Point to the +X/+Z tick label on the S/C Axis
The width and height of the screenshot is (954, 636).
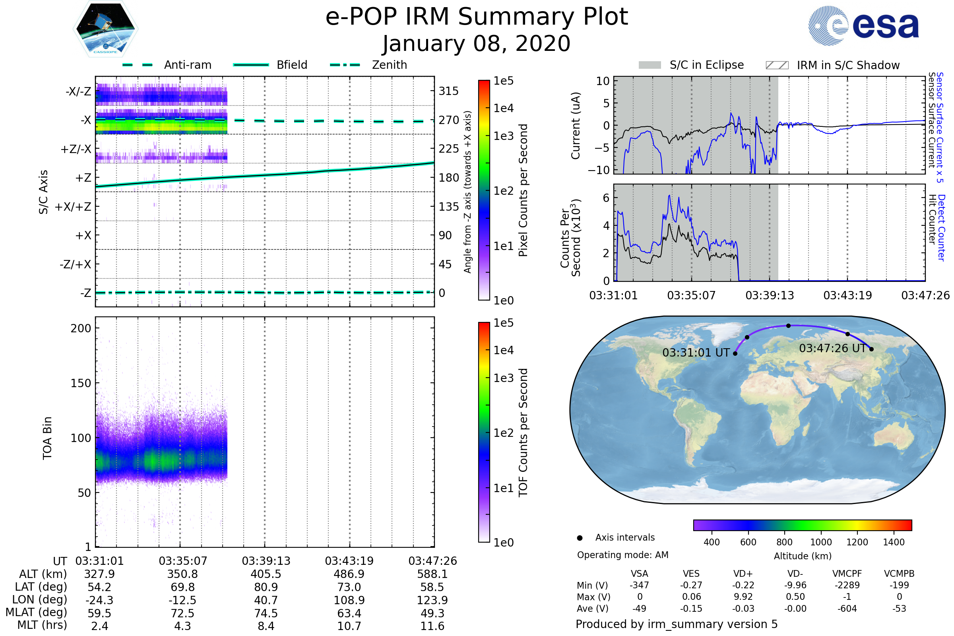pos(73,207)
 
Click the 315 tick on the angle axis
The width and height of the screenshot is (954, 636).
pos(448,91)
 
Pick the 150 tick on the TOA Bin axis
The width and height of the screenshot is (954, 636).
pos(81,383)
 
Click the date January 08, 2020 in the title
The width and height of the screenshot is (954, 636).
pos(476,44)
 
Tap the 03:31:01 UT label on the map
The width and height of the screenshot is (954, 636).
pos(696,353)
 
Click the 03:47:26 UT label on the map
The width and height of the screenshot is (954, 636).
pos(832,348)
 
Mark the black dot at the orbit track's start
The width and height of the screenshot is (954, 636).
pos(735,354)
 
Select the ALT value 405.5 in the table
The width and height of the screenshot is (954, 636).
pos(266,574)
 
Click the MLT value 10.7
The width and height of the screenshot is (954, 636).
pos(349,626)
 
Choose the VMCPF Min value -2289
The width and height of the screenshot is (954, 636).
pos(847,585)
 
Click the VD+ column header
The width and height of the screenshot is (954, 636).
pos(743,574)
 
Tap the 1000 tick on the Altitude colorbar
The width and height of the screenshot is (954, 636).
pos(820,542)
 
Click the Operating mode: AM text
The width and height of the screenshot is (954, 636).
pos(622,555)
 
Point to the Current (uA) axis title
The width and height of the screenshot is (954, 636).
pos(576,126)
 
